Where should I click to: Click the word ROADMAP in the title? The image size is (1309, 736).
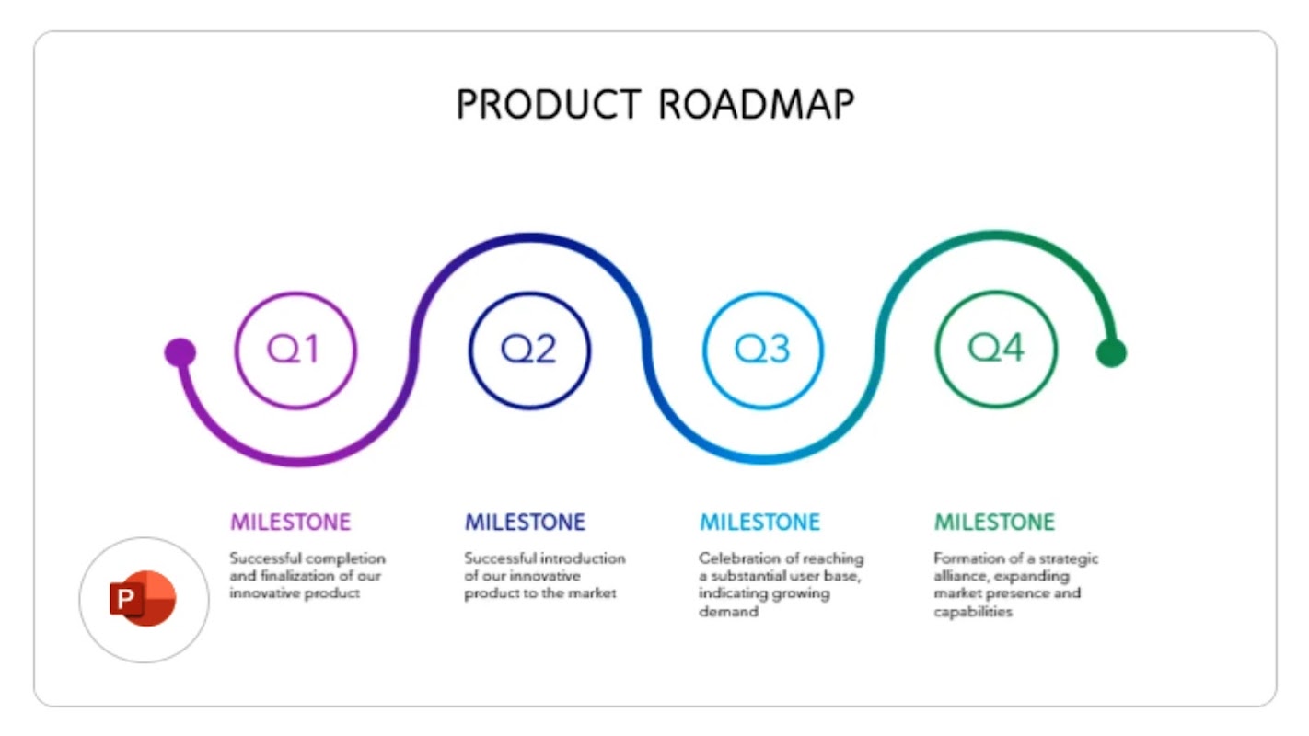pyautogui.click(x=756, y=104)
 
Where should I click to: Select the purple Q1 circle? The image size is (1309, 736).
pyautogui.click(x=295, y=350)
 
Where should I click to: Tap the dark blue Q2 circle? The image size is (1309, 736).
pyautogui.click(x=529, y=350)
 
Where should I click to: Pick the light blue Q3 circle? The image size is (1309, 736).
pyautogui.click(x=763, y=350)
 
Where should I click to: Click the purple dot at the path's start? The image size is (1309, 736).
pyautogui.click(x=180, y=351)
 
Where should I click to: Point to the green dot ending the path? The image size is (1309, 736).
pyautogui.click(x=1111, y=352)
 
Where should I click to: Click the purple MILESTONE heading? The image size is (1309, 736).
pyautogui.click(x=290, y=523)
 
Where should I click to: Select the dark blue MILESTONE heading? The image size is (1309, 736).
pyautogui.click(x=525, y=523)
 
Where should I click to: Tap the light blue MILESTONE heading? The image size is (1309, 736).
pyautogui.click(x=759, y=523)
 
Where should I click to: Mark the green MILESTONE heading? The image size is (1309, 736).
pyautogui.click(x=994, y=523)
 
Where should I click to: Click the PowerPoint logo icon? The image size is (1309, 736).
pyautogui.click(x=144, y=599)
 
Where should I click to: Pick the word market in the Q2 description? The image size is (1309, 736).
pyautogui.click(x=594, y=593)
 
